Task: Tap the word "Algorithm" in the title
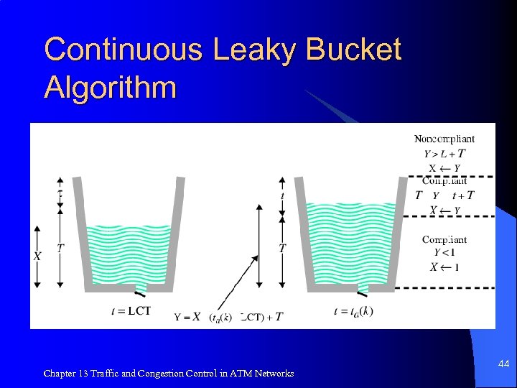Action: (x=110, y=87)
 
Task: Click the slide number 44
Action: (x=503, y=365)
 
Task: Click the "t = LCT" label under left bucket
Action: (x=131, y=310)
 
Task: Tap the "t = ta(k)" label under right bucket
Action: (x=353, y=310)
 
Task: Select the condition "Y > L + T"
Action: (x=444, y=153)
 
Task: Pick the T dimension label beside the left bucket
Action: (x=60, y=247)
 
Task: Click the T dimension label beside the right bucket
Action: (x=282, y=247)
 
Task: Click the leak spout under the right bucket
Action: (x=363, y=289)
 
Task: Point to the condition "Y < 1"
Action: (x=444, y=253)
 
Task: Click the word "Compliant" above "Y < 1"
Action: (x=444, y=240)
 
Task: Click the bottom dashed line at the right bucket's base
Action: (x=445, y=288)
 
